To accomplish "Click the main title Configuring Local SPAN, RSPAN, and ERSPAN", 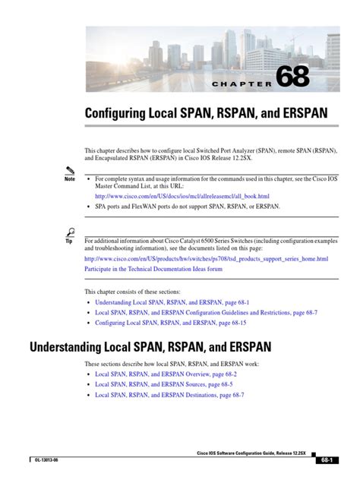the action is tap(206, 113).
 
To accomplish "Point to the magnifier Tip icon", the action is tap(71, 232).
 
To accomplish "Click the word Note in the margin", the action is tap(70, 179).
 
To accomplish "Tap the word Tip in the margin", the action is tap(71, 241).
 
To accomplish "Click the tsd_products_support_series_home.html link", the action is tap(206, 258).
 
